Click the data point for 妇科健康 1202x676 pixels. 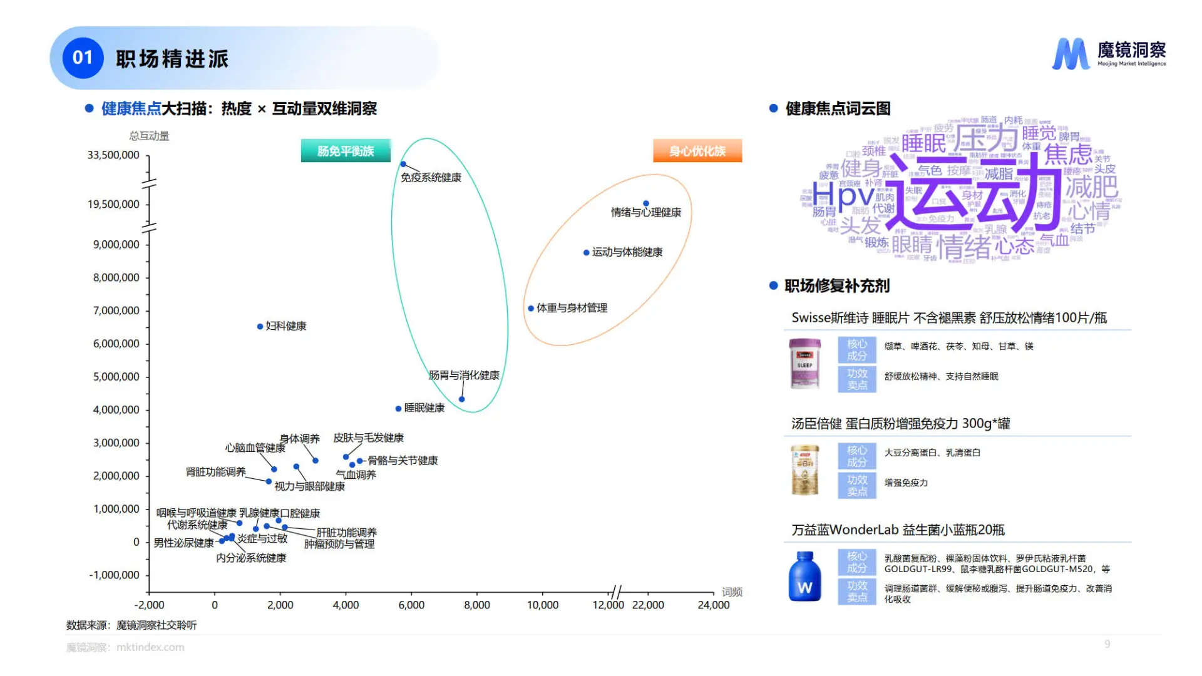click(x=260, y=327)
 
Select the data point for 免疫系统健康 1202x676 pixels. click(x=403, y=165)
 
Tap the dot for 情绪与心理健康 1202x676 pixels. click(x=646, y=203)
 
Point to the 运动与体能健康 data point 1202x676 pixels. click(x=586, y=253)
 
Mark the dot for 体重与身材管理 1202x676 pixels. click(x=531, y=309)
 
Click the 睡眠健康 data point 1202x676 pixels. click(x=398, y=409)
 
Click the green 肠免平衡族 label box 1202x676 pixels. click(x=346, y=151)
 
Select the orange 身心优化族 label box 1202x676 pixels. click(x=697, y=151)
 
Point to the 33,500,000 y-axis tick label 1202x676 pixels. click(x=113, y=155)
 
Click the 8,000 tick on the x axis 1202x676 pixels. click(x=476, y=605)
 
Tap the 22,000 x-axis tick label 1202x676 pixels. click(x=648, y=605)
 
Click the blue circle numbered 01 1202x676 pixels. click(x=83, y=58)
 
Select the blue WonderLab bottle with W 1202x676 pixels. click(x=804, y=576)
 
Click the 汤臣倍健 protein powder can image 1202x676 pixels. click(x=804, y=470)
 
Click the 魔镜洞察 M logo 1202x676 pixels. click(x=1071, y=54)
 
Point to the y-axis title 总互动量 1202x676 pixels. click(x=149, y=136)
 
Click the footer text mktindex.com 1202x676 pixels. click(x=150, y=647)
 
